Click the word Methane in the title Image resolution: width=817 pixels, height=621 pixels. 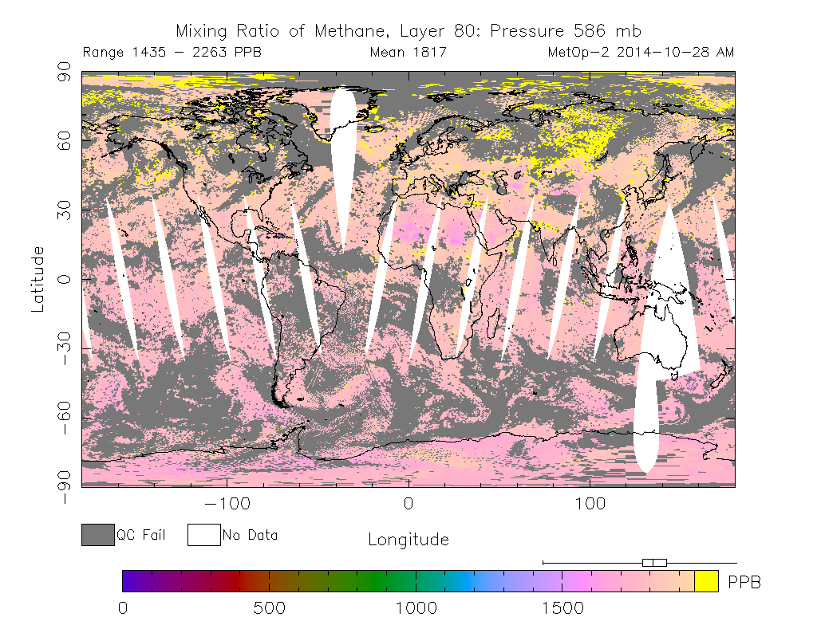tap(351, 32)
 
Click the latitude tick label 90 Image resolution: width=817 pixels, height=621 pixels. tap(64, 71)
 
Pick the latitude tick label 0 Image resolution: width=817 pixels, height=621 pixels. tap(64, 280)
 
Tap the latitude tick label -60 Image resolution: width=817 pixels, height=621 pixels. tap(64, 418)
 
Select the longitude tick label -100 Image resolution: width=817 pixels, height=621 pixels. tap(227, 504)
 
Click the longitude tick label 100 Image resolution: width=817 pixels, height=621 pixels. tap(590, 504)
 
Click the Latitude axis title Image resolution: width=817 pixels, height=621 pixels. tap(37, 280)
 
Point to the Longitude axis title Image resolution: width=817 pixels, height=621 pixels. tap(408, 539)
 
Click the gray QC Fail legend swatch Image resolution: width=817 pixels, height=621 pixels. tap(98, 535)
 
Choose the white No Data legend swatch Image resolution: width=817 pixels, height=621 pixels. tap(203, 535)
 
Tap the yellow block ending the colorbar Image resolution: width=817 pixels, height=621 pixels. tap(707, 581)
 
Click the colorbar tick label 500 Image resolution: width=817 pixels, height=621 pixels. tap(270, 608)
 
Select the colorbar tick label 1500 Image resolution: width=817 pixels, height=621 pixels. tap(562, 608)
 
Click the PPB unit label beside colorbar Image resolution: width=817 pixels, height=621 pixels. tap(744, 582)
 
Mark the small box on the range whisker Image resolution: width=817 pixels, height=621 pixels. tap(654, 563)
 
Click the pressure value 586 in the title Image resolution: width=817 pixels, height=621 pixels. tap(590, 31)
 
